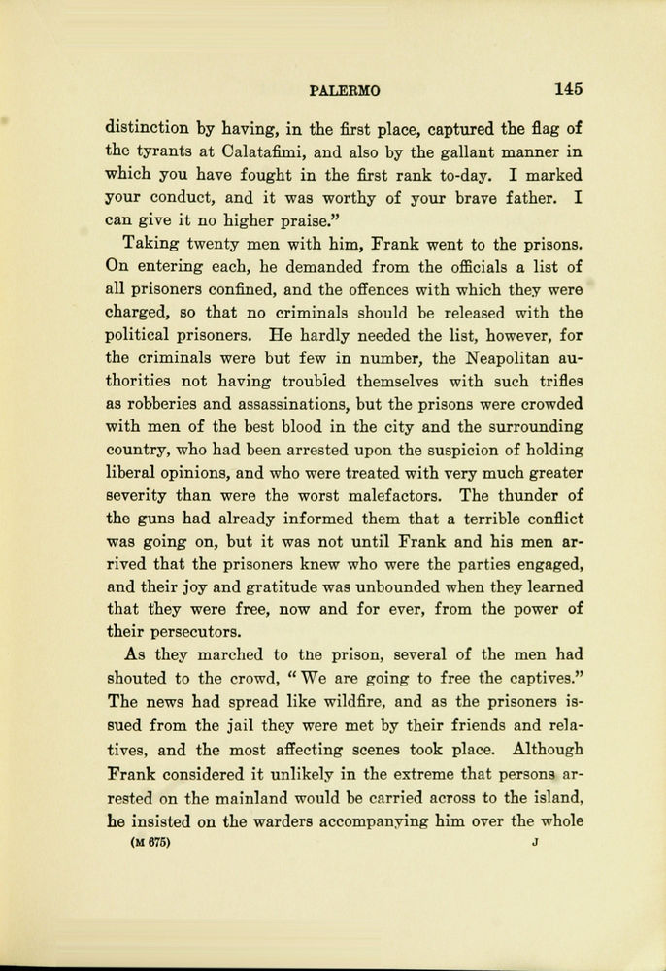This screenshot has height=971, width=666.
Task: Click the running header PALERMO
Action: pyautogui.click(x=345, y=90)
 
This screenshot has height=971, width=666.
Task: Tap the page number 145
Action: pyautogui.click(x=568, y=88)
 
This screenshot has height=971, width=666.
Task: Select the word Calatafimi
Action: pyautogui.click(x=269, y=151)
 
